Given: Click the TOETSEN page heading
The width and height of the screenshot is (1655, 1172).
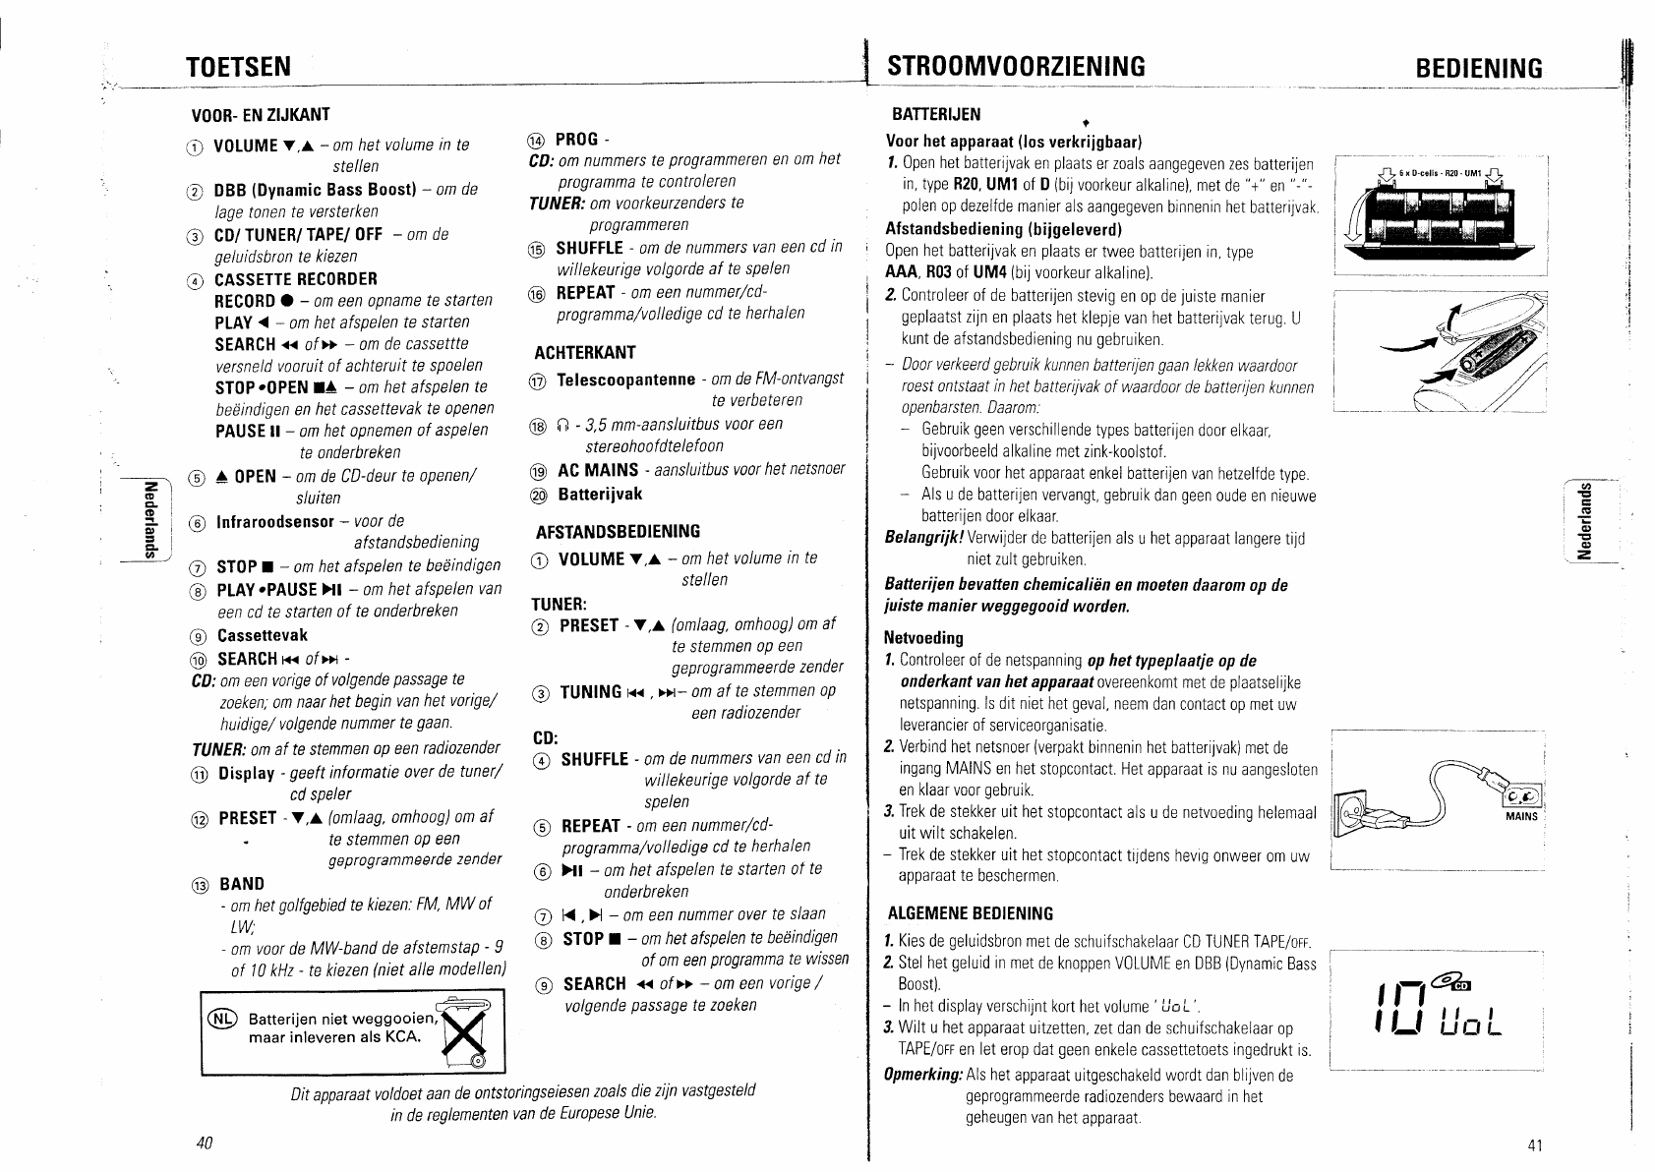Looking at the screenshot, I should coord(239,66).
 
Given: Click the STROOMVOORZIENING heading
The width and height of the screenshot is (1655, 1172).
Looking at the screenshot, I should coord(1016,66).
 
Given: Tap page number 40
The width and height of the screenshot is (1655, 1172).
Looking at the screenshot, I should coord(205,1143).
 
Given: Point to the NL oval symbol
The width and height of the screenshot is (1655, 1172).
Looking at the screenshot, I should coord(222,1019).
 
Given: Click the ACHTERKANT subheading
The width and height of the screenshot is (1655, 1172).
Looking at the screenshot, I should coord(584,352).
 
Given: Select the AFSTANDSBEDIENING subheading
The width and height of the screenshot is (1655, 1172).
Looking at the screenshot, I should coord(618,532).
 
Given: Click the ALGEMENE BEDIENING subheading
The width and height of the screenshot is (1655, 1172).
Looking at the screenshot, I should coord(970,912).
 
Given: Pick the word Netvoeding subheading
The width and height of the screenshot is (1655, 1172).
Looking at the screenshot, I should coord(923,638).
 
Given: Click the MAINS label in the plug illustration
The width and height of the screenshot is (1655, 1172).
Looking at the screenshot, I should coord(1521,816).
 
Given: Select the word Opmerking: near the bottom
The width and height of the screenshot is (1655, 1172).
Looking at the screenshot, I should coord(924,1075).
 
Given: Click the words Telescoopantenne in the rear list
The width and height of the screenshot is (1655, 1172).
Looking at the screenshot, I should coord(626,380).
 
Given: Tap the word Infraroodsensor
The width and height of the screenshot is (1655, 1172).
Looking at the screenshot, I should coord(275,521).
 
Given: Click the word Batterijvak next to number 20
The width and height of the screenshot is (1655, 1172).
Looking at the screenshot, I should coord(600,494).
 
